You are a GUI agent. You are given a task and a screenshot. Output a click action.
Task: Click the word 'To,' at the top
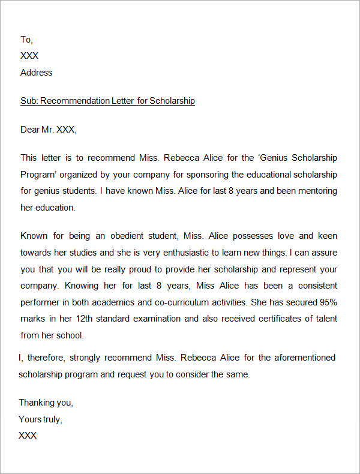click(x=26, y=40)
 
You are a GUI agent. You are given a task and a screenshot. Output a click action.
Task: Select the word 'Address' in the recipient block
click(x=36, y=73)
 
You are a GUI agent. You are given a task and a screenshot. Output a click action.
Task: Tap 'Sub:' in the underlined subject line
click(x=29, y=101)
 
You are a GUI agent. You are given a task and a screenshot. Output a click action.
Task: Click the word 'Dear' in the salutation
click(x=29, y=129)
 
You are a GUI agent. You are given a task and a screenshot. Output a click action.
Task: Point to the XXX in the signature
click(x=28, y=436)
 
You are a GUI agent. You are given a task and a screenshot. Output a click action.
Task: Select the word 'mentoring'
click(x=316, y=191)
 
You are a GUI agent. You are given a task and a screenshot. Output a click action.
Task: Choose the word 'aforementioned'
click(x=305, y=358)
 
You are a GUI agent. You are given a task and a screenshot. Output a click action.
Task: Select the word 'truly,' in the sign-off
click(x=51, y=419)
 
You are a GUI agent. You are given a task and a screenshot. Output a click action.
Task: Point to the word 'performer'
click(x=41, y=302)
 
